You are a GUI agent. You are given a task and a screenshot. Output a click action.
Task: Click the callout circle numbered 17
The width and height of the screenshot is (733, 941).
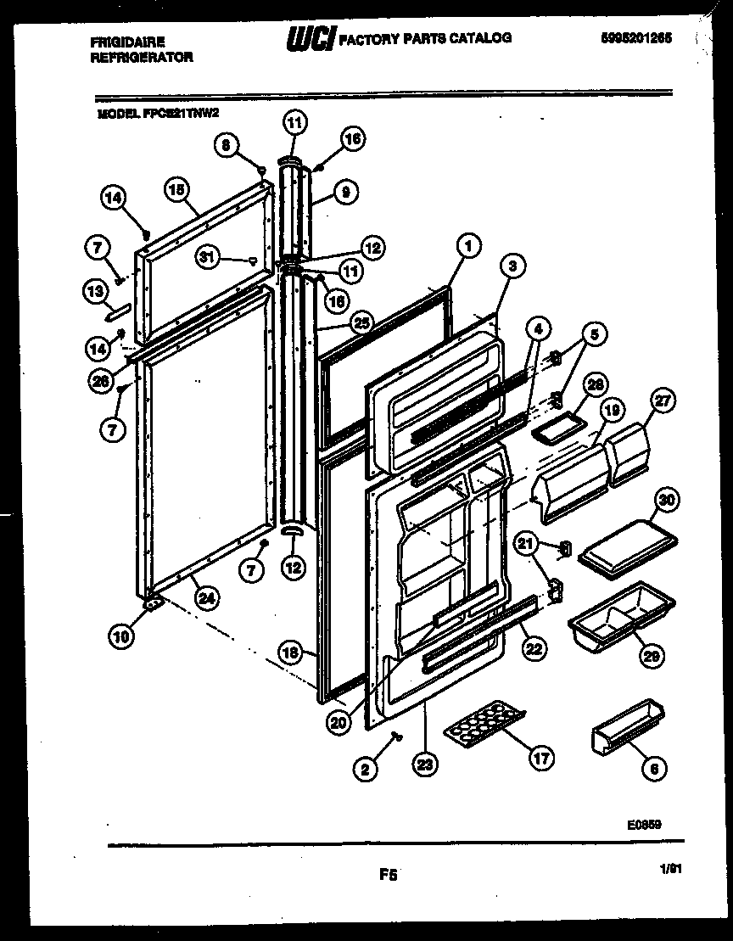click(x=540, y=759)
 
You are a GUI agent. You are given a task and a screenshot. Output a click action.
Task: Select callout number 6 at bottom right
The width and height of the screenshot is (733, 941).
click(x=652, y=769)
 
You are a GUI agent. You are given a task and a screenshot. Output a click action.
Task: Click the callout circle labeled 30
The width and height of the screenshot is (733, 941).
click(x=666, y=501)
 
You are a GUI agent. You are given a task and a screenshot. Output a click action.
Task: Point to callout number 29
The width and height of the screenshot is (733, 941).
click(x=652, y=655)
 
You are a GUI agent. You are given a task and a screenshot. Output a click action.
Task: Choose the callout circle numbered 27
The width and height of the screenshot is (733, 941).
click(x=663, y=399)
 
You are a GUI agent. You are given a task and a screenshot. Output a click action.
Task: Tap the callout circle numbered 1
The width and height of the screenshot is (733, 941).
click(x=467, y=246)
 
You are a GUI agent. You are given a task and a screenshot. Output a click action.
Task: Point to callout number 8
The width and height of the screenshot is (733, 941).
click(x=225, y=145)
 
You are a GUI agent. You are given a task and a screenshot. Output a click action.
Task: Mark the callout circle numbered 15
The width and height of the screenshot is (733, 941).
click(x=176, y=191)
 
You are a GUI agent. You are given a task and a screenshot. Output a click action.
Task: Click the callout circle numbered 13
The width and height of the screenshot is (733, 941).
click(x=96, y=291)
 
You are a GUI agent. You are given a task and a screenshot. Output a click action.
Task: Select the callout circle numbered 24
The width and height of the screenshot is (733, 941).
click(x=205, y=597)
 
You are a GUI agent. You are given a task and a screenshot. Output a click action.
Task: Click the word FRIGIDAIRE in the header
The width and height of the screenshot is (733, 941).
click(x=127, y=41)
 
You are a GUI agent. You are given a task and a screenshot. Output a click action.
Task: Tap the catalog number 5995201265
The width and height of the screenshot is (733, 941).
click(x=636, y=38)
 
